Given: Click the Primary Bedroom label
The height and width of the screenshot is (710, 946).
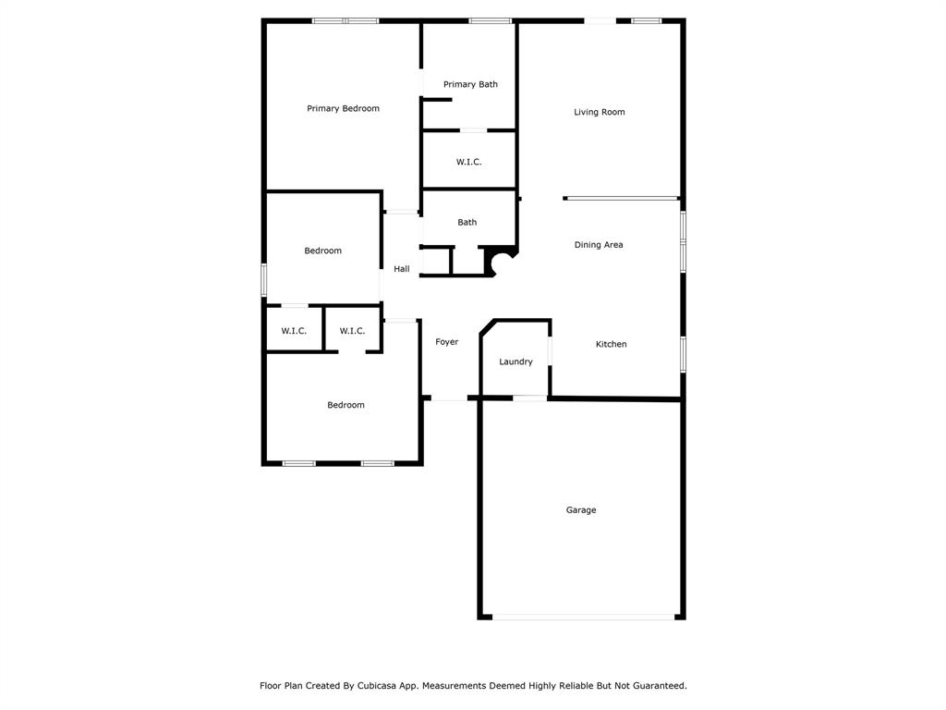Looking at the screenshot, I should [343, 109].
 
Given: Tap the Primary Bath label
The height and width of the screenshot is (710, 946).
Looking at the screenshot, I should [470, 85].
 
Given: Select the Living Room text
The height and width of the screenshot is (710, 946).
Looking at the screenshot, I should [599, 113].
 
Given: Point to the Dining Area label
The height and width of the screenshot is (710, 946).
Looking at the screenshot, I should [599, 245].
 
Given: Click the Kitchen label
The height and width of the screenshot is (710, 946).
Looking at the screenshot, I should [611, 345].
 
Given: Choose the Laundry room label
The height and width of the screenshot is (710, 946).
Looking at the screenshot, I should [515, 362].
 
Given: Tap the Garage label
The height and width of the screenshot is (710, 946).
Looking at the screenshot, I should [581, 510].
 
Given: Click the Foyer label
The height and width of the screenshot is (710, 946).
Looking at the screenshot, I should [447, 343].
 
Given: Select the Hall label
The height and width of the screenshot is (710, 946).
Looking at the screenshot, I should [402, 270].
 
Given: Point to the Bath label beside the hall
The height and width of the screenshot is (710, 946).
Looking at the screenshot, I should [467, 223].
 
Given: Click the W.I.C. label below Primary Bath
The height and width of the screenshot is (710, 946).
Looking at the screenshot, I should [468, 163].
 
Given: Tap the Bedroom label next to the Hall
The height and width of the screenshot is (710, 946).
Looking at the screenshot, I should [323, 251].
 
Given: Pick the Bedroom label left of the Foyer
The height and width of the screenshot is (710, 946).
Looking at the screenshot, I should [346, 406].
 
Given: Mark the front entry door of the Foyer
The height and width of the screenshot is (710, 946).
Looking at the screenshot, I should [449, 398].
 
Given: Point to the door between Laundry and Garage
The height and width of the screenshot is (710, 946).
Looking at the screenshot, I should [529, 398].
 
